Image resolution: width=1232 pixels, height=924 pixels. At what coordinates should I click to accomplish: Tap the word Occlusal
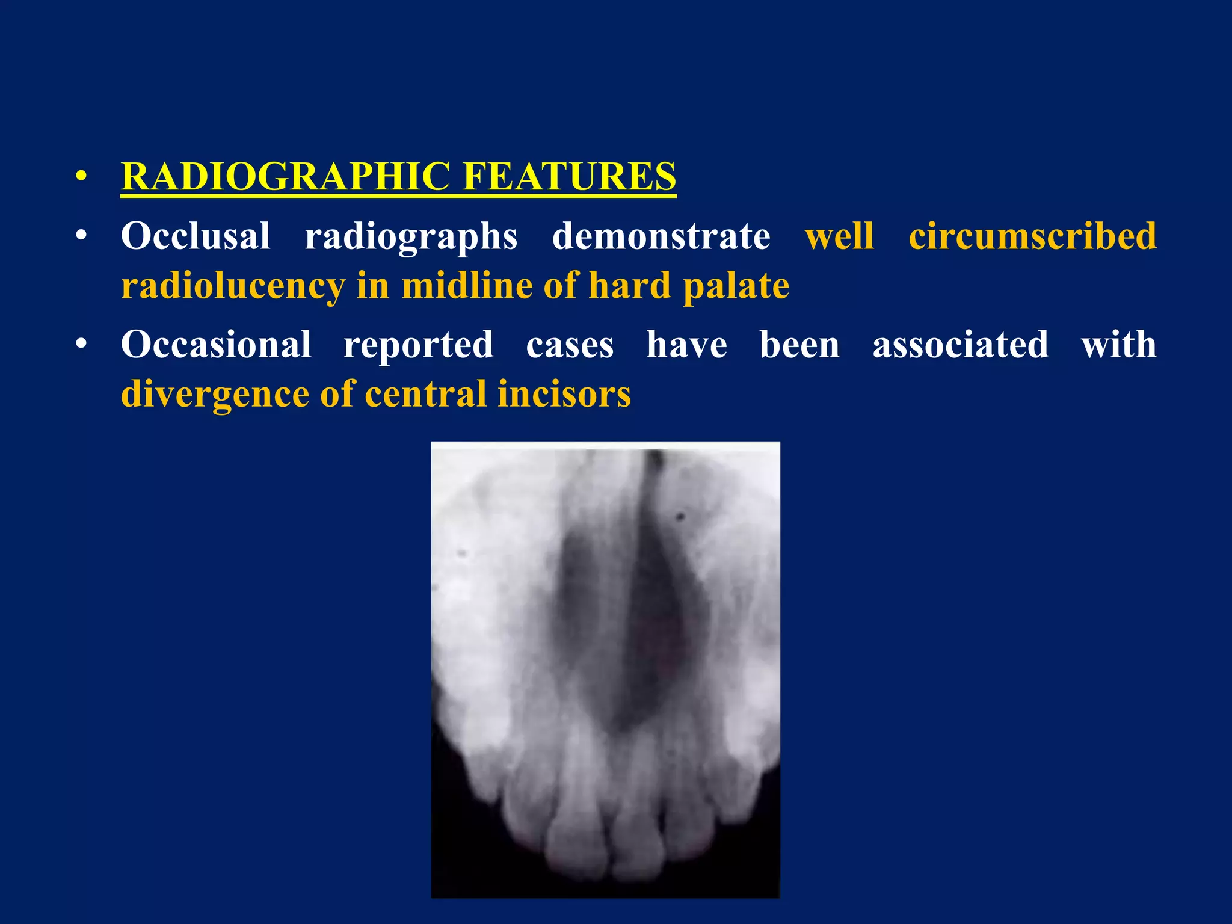point(196,236)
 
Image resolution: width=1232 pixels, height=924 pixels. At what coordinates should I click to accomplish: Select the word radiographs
point(411,237)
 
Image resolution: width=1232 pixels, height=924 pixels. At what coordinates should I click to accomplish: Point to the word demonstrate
point(661,236)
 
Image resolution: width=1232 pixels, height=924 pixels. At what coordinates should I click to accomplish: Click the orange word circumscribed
point(1032,236)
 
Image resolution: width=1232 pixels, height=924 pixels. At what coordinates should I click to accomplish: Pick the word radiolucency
point(233,286)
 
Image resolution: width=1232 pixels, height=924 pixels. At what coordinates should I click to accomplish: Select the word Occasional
point(216,345)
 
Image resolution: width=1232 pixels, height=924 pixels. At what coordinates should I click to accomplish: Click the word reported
point(419,346)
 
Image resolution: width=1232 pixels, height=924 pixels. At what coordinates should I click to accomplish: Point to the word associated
point(960,345)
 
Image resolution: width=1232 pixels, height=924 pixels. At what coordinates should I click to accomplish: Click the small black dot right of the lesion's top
point(681,516)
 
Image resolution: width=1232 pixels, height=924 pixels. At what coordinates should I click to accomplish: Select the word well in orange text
point(839,236)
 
